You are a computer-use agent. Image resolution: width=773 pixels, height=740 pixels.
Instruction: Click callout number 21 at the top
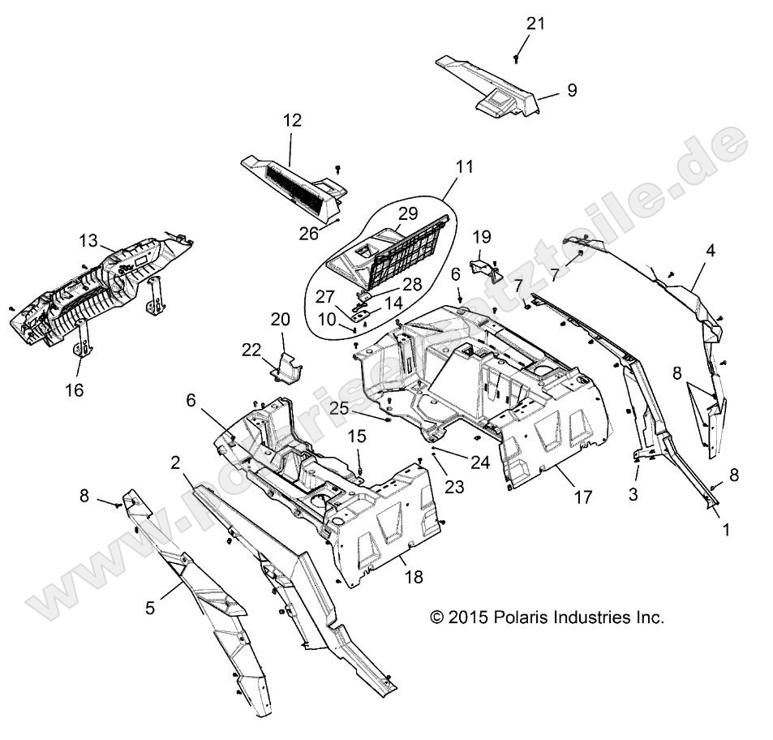pyautogui.click(x=535, y=23)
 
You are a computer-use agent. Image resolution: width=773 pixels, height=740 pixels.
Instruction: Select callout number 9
pyautogui.click(x=573, y=90)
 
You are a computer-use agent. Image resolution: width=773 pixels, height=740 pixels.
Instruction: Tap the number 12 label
pyautogui.click(x=292, y=120)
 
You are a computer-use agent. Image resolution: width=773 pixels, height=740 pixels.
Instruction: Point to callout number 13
pyautogui.click(x=88, y=240)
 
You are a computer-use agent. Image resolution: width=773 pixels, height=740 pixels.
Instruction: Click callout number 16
pyautogui.click(x=74, y=390)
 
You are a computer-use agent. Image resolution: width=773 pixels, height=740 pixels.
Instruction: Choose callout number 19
pyautogui.click(x=482, y=236)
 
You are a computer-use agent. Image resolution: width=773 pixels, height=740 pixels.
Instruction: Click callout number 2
pyautogui.click(x=174, y=462)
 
